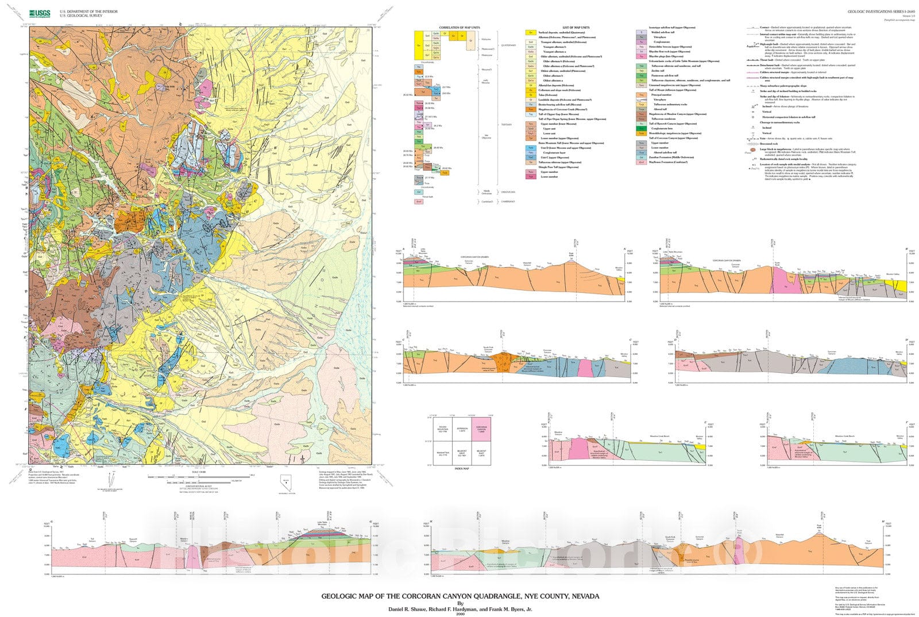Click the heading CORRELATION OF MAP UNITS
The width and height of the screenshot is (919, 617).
click(459, 28)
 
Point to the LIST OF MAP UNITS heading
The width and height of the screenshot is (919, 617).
click(576, 28)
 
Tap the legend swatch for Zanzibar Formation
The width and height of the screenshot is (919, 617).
click(642, 157)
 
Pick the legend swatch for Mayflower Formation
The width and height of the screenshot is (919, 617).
click(642, 163)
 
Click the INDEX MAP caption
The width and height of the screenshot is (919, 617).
click(462, 469)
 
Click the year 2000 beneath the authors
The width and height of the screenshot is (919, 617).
click(459, 614)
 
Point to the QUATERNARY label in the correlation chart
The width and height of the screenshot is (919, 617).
click(509, 45)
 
